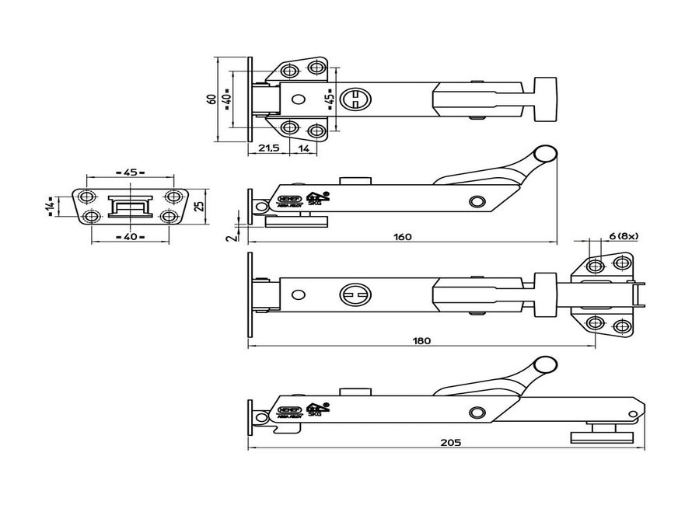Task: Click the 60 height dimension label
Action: pos(211,99)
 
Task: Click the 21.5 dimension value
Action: pos(269,148)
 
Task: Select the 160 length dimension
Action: pos(402,236)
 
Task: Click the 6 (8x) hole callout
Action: pos(624,235)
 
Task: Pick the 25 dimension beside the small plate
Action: pos(200,206)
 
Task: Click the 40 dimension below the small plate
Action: pos(130,237)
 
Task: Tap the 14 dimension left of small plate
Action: pos(49,207)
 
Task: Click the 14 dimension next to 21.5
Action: pos(303,148)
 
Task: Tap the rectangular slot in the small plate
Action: pos(129,207)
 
